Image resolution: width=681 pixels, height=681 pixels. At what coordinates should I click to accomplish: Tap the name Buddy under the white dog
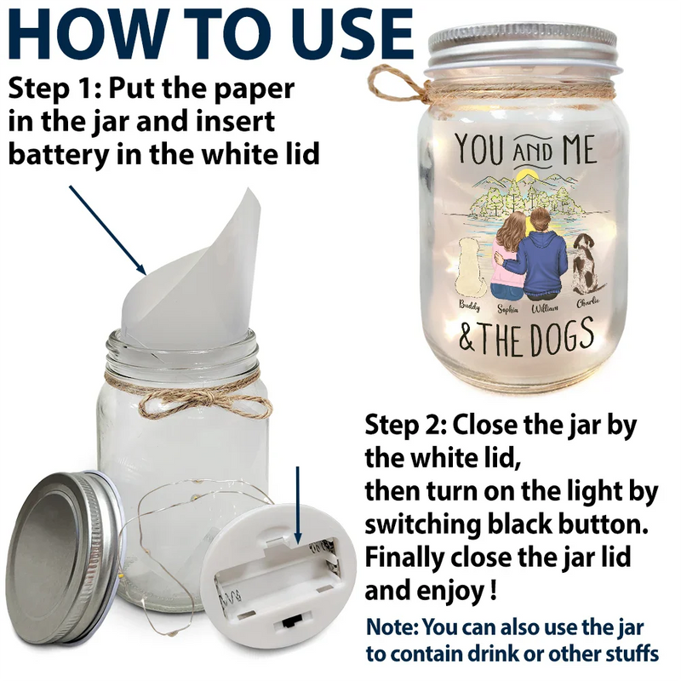click(x=470, y=306)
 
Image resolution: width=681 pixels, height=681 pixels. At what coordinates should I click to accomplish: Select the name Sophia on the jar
click(x=507, y=309)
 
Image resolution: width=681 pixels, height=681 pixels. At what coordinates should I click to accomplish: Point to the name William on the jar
click(x=545, y=308)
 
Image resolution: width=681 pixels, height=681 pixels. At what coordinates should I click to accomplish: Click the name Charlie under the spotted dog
click(x=588, y=302)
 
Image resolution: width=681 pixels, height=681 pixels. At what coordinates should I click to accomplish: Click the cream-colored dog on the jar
click(x=468, y=268)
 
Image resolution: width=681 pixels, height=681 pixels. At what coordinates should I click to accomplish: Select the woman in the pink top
click(x=508, y=255)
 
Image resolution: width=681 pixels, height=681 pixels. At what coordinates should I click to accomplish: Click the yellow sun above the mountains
click(x=528, y=175)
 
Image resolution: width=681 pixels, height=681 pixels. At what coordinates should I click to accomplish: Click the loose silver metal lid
click(x=65, y=558)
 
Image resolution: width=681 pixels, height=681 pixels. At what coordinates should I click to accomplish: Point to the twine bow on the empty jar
click(x=204, y=402)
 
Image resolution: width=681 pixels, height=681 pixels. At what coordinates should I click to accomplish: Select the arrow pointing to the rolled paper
click(x=108, y=230)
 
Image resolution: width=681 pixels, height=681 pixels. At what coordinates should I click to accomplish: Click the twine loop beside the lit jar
click(x=393, y=84)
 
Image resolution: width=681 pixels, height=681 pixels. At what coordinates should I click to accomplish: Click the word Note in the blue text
click(x=392, y=627)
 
